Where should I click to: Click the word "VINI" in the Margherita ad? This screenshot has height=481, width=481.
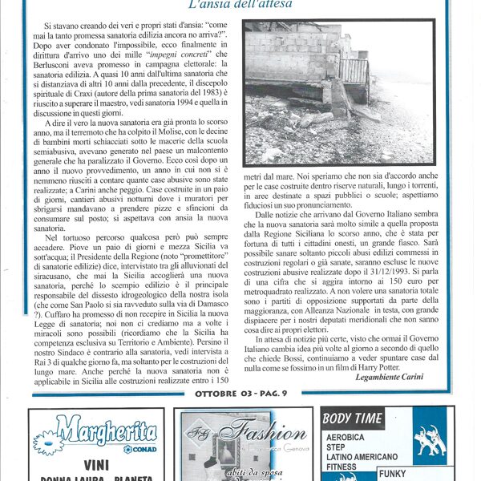pyautogui.click(x=96, y=464)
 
